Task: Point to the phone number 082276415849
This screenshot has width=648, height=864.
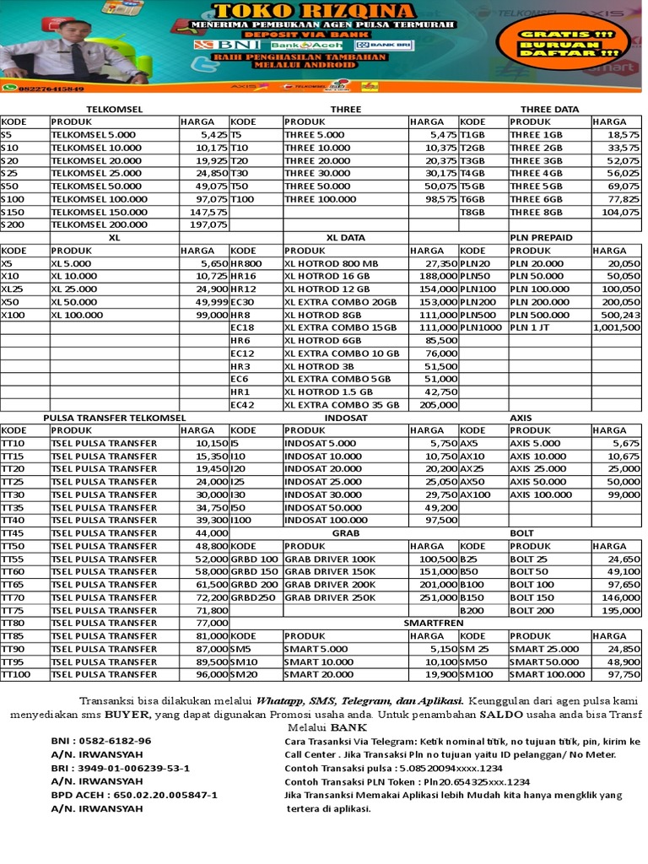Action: click(49, 88)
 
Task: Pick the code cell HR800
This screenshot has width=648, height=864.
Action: click(246, 264)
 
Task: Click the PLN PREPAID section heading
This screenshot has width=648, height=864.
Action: click(541, 238)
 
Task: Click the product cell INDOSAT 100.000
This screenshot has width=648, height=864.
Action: click(325, 521)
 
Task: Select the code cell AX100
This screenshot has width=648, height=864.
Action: click(475, 494)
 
